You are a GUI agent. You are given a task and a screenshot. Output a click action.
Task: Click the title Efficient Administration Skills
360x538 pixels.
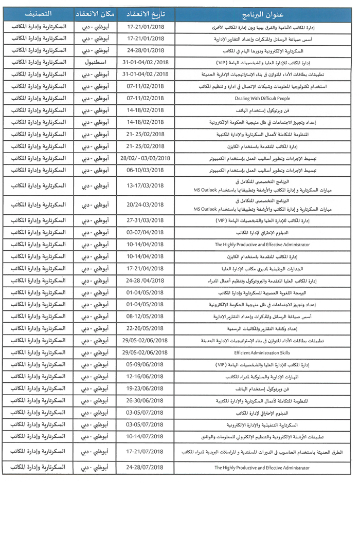pos(262,353)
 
